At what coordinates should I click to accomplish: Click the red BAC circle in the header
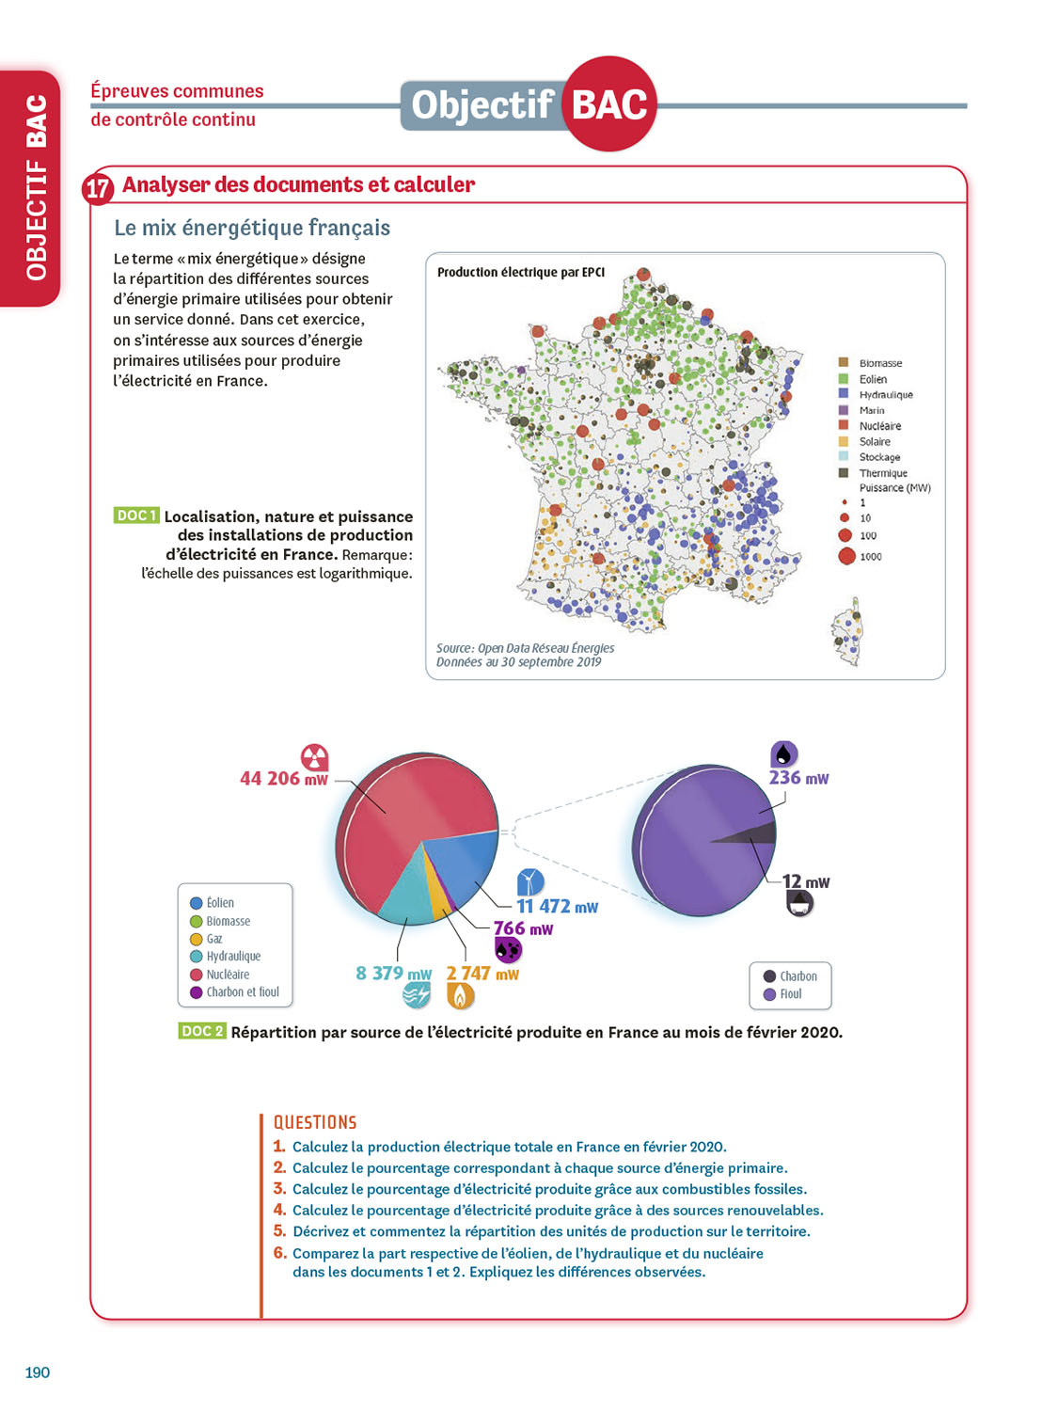tap(609, 103)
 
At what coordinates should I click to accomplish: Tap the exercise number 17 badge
tap(98, 188)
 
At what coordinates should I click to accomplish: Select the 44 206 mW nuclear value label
tap(284, 779)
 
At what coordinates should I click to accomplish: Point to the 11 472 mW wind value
tap(557, 907)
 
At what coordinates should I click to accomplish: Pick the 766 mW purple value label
tap(523, 929)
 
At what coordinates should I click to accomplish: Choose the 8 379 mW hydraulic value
tap(393, 974)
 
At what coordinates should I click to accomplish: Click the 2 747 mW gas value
tap(482, 974)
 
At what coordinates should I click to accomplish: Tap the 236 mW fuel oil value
tap(798, 778)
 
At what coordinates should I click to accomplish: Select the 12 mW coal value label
tap(806, 882)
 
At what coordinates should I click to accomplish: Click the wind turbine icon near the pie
tap(530, 881)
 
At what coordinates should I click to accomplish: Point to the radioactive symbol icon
tap(314, 756)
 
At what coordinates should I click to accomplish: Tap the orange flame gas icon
tap(460, 995)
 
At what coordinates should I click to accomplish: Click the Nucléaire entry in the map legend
tap(879, 426)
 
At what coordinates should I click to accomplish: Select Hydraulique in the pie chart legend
tap(232, 957)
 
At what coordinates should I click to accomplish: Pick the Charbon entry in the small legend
tap(797, 976)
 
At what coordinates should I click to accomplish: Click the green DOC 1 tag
tap(135, 515)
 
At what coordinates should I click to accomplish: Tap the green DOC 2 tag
tap(201, 1031)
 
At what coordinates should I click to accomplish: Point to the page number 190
tap(38, 1372)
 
